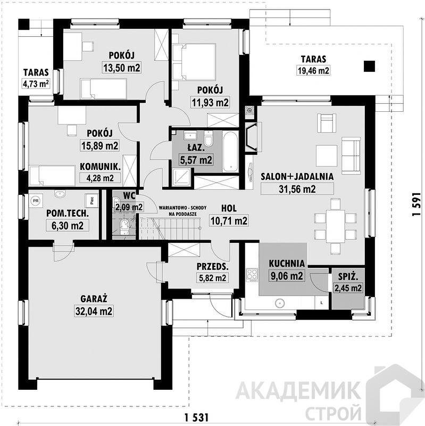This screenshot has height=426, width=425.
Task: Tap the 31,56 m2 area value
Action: [297, 189]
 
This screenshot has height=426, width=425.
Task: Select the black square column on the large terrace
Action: [369, 66]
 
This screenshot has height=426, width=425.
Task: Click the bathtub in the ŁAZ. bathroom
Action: [230, 152]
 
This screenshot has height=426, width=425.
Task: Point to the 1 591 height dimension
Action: [416, 205]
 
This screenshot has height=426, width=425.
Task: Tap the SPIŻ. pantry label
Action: [348, 277]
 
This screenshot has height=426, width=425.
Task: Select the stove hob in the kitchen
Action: [252, 275]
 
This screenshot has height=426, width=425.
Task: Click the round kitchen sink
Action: [279, 303]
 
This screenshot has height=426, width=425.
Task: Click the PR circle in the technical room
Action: [35, 201]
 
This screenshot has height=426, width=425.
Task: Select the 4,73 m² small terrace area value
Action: [36, 84]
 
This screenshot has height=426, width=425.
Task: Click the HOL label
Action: [229, 208]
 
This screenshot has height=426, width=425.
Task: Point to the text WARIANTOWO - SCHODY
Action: [182, 208]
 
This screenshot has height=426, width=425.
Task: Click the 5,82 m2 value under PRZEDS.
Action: [213, 278]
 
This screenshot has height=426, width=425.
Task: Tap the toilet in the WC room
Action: [124, 226]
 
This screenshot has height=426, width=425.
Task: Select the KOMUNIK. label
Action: [100, 167]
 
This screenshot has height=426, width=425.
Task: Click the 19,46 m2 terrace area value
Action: [313, 71]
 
